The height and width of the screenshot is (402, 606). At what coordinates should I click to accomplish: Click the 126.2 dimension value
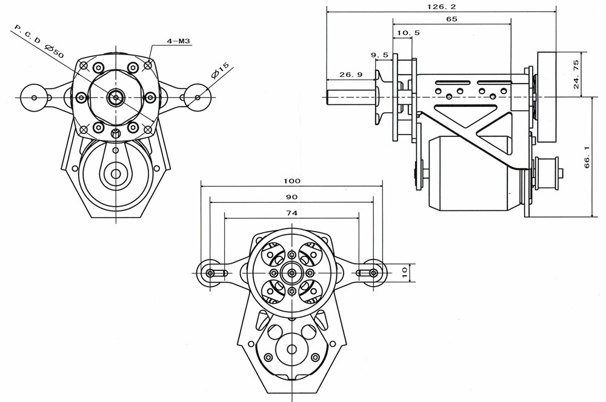click(441, 7)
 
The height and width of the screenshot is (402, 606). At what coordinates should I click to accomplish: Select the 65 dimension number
click(451, 19)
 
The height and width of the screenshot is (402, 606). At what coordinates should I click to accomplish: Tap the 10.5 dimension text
click(408, 33)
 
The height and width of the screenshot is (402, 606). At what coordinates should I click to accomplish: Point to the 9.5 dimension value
click(379, 55)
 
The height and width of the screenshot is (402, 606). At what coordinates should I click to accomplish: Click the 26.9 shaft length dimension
click(351, 75)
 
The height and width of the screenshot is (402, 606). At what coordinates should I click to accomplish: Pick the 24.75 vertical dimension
click(576, 74)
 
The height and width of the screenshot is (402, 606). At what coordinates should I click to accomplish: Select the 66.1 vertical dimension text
click(587, 156)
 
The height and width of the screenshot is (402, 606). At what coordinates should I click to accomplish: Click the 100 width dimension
click(292, 181)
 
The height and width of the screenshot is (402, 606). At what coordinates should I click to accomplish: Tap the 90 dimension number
click(292, 197)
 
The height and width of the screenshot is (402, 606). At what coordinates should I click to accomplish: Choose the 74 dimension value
click(292, 213)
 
